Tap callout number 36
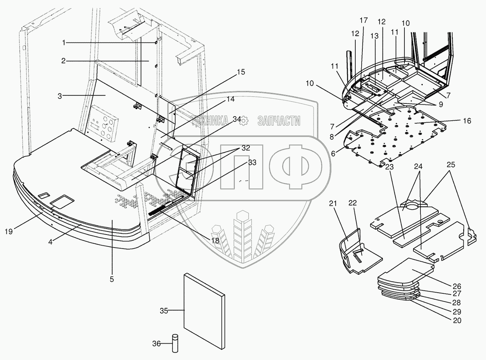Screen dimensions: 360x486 point(157,344)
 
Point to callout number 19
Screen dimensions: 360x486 point(9,231)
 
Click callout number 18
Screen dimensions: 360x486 point(215,240)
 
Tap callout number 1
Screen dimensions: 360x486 point(64,43)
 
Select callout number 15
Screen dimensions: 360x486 point(241,72)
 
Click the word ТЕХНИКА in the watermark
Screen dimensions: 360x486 point(210,120)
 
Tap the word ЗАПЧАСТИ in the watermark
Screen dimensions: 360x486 point(279,120)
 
